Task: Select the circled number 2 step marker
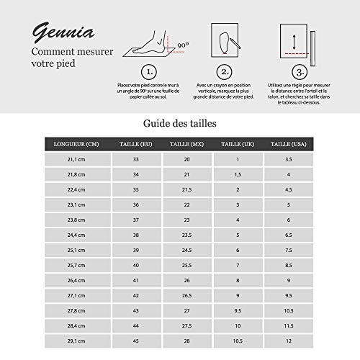pos(225,72)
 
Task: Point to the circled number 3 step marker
pos(297,72)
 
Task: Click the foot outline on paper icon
pos(225,40)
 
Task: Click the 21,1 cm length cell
pos(72,158)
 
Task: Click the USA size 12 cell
pos(288,341)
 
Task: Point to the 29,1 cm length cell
pos(72,341)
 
